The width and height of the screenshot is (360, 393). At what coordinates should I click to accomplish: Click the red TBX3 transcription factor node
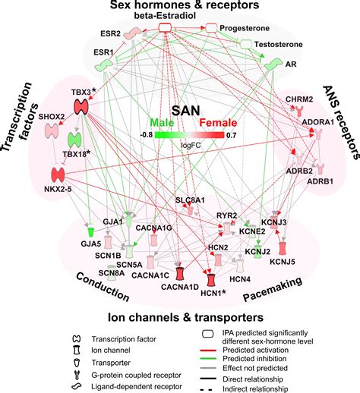(x=81, y=107)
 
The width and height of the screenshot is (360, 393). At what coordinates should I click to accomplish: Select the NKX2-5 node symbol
(x=58, y=174)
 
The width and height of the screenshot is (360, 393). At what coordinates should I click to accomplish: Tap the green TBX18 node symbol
(x=74, y=140)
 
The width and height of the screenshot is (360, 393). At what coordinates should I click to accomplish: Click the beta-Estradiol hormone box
(x=166, y=27)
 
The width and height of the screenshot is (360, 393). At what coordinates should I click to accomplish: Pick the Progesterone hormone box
(x=211, y=28)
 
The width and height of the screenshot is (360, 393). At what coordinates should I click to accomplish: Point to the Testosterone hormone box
(x=245, y=44)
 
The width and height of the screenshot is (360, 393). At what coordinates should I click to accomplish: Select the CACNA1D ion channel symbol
(x=180, y=274)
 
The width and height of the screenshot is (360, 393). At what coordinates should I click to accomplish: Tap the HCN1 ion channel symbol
(x=211, y=280)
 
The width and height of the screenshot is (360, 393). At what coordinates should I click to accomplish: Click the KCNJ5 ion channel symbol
(x=283, y=249)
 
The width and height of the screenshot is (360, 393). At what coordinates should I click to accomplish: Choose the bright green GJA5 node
(x=90, y=232)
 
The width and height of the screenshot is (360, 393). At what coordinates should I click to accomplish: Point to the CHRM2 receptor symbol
(x=299, y=111)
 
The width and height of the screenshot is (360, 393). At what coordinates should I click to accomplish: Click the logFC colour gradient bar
(x=189, y=135)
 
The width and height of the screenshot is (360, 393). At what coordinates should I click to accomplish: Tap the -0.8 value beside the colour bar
(x=147, y=135)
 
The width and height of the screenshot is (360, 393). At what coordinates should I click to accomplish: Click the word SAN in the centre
(x=186, y=111)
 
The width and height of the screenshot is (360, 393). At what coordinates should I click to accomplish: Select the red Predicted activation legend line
(x=208, y=351)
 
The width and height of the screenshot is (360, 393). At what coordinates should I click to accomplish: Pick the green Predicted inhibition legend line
(x=208, y=359)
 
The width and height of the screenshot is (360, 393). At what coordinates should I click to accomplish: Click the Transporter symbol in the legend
(x=77, y=363)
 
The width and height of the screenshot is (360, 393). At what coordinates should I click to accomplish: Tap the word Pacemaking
(x=273, y=289)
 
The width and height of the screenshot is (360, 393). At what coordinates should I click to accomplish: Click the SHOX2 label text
(x=52, y=117)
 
